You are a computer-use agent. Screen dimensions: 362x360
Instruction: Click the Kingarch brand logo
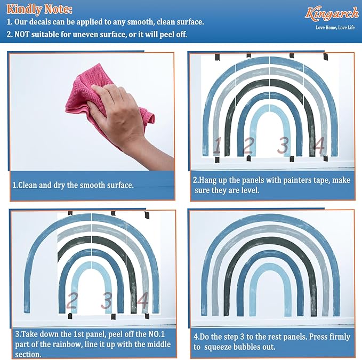click(x=332, y=14)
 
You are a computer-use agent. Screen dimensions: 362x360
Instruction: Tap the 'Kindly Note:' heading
click(x=39, y=9)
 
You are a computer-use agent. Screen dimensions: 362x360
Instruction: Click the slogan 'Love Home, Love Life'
click(x=335, y=28)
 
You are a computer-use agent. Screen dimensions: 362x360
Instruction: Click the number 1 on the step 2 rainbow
click(x=217, y=146)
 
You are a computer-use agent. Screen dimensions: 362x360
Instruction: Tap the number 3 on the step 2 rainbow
click(x=283, y=146)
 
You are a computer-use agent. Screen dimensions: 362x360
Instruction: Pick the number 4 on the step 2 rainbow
click(x=319, y=145)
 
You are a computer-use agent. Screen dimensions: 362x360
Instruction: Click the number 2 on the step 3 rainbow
click(x=72, y=300)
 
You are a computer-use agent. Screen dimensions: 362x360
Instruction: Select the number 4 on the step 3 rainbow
click(x=142, y=300)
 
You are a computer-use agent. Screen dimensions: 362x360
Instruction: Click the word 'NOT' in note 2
click(x=22, y=35)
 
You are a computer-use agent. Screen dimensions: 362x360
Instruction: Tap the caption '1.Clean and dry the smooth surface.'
click(x=73, y=185)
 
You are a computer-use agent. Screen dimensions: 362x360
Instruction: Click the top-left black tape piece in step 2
click(x=217, y=57)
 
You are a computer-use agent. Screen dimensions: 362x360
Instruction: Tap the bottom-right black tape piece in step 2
click(x=326, y=158)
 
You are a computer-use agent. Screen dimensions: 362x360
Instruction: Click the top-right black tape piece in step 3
click(x=147, y=215)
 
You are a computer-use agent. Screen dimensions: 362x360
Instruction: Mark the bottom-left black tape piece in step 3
click(x=70, y=316)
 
